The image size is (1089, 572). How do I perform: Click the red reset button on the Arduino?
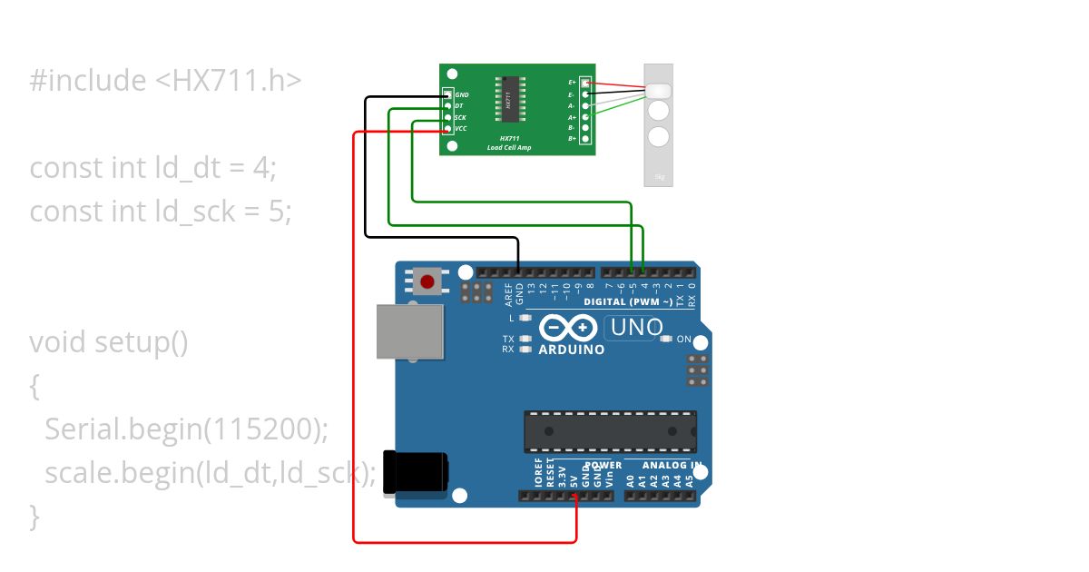click(x=427, y=281)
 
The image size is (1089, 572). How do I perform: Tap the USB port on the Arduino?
click(x=409, y=330)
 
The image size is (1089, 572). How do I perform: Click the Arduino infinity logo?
click(x=568, y=327)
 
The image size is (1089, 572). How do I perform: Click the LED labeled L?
click(x=525, y=318)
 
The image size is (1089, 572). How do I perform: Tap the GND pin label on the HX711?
click(x=462, y=94)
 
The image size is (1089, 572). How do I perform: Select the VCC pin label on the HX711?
click(x=461, y=129)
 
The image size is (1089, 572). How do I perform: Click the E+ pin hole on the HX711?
click(x=585, y=83)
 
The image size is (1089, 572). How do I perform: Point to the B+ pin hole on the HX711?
click(x=585, y=139)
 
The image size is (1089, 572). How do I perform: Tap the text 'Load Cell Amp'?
click(x=509, y=147)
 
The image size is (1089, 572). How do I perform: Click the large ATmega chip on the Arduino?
click(x=610, y=430)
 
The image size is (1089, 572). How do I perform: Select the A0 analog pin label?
click(x=631, y=478)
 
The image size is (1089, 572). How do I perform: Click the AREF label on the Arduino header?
click(x=508, y=292)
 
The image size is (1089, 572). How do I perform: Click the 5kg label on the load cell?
click(x=659, y=176)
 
